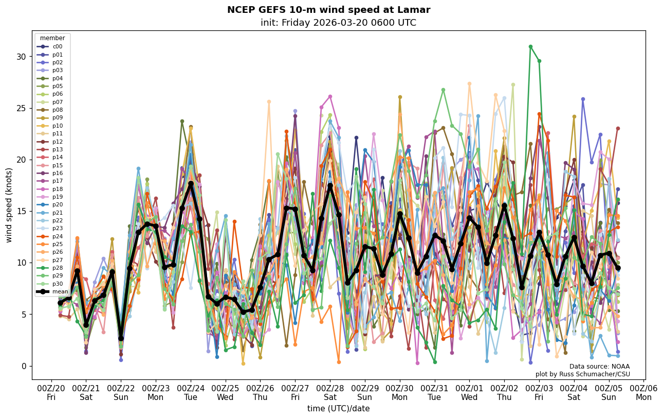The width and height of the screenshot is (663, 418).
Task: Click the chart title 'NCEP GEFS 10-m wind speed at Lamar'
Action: pyautogui.click(x=328, y=10)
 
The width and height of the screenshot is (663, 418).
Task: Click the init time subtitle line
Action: pyautogui.click(x=338, y=23)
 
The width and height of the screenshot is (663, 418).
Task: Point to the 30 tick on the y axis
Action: pyautogui.click(x=22, y=57)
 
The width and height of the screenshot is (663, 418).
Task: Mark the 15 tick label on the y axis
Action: pyautogui.click(x=22, y=212)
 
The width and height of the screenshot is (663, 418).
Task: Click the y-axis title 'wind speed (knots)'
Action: pyautogui.click(x=9, y=205)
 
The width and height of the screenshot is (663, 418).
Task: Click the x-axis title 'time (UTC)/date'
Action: pyautogui.click(x=338, y=409)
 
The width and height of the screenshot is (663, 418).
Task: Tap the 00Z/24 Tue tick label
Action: pyautogui.click(x=191, y=393)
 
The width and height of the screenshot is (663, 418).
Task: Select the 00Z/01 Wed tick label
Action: pyautogui.click(x=469, y=393)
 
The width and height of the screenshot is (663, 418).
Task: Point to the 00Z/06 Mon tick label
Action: pyautogui.click(x=643, y=393)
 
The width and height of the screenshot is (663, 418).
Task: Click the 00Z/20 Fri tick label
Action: pyautogui.click(x=51, y=393)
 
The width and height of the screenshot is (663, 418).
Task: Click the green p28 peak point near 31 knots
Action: pyautogui.click(x=530, y=47)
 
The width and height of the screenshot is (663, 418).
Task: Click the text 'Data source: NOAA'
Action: pyautogui.click(x=599, y=367)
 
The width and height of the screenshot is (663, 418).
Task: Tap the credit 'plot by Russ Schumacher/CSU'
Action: pyautogui.click(x=582, y=374)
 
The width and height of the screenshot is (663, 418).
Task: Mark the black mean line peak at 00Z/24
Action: pyautogui.click(x=191, y=183)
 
